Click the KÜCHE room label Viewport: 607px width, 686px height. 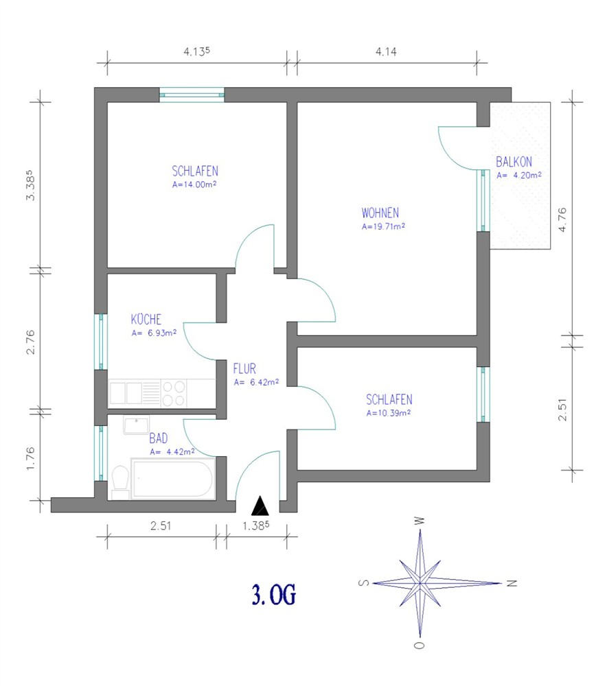point(146,319)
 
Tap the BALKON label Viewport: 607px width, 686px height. point(514,162)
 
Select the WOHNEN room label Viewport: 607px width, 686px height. point(380,213)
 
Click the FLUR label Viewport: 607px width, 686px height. point(244,368)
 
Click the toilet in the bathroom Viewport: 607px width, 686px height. point(120,482)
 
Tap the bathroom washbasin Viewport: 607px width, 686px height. point(136,425)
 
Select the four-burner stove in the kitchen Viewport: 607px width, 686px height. point(174,393)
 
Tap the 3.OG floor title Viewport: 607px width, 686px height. point(274,594)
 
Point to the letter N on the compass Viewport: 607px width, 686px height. point(512,583)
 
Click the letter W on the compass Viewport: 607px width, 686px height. point(420,521)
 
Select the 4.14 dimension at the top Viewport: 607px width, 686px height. point(386,51)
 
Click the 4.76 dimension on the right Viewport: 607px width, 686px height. point(562,220)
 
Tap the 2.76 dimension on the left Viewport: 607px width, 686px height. point(30,342)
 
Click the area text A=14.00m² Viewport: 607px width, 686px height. point(194,184)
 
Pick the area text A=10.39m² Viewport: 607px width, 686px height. point(389,412)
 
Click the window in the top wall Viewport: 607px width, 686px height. point(192,95)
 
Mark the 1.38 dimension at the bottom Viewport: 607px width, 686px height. point(256,525)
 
